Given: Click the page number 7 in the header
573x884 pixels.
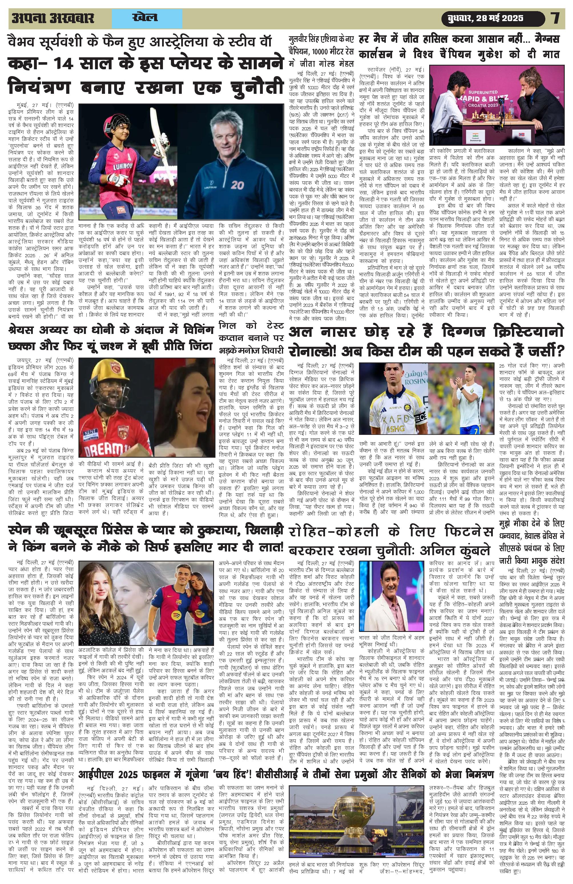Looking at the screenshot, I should coord(555,18).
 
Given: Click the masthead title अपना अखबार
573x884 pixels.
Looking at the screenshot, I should coord(53,18).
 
